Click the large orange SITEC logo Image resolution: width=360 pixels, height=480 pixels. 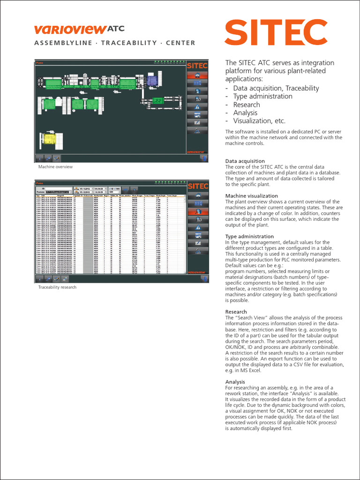(x=276, y=33)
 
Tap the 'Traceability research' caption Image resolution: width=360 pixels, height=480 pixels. (x=57, y=287)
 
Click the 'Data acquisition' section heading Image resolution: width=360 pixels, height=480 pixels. (x=245, y=161)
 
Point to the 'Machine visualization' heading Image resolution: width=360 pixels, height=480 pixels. (x=251, y=196)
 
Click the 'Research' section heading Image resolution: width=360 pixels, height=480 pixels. (x=236, y=312)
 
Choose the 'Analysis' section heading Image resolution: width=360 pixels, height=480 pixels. (x=235, y=382)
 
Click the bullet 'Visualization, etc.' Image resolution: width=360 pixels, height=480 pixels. (x=259, y=121)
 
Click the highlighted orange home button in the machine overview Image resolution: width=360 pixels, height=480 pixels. (x=197, y=75)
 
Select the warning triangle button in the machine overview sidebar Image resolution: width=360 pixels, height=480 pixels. (x=197, y=106)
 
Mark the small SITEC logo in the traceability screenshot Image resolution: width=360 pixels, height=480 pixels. (x=197, y=186)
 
